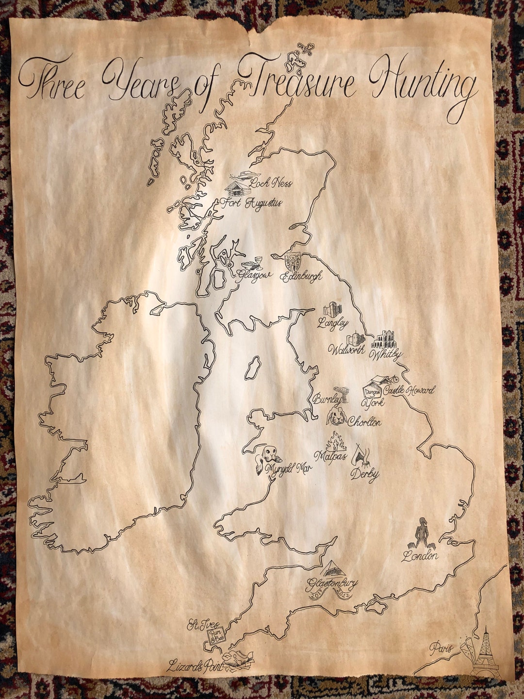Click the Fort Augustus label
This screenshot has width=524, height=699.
coord(251,203)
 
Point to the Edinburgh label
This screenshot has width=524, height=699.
coord(301,277)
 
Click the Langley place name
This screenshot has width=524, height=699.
coord(333,323)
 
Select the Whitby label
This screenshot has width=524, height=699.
coord(386,355)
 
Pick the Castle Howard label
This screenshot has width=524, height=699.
coord(409,390)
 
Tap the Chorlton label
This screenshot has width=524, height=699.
coord(364,422)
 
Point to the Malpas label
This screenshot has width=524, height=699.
coord(330,456)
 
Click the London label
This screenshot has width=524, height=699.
coord(420,556)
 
